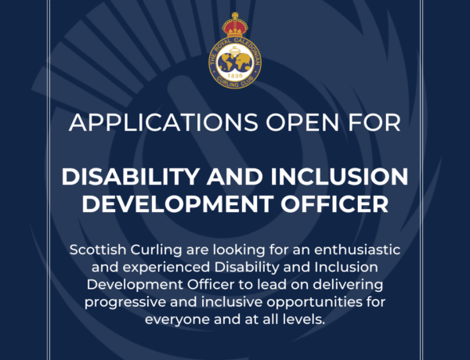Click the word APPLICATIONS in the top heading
coord(164,122)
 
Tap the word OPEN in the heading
coord(302,122)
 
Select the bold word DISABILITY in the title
coord(131,177)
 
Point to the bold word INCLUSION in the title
coord(339,177)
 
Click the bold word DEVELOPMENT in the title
coord(178,204)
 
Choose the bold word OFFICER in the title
coord(334,204)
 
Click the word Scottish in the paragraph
coord(98,250)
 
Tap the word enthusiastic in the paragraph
coord(357,250)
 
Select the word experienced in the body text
coord(166,268)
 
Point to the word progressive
coord(125,302)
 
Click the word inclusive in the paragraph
coord(232,301)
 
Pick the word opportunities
coord(322,302)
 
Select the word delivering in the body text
coord(348,285)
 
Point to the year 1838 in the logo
coord(235,76)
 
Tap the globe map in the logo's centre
coord(235,62)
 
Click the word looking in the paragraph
coord(239,250)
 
